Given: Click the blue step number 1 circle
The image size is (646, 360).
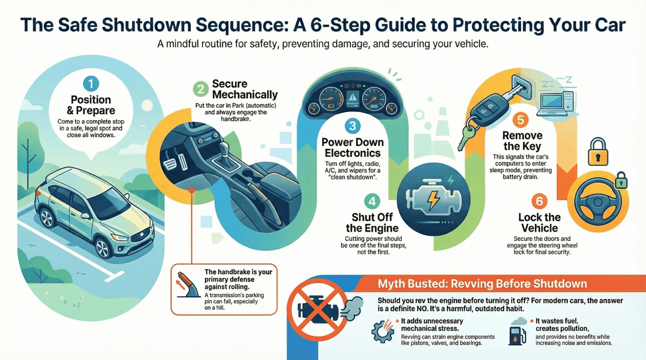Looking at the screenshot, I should [91, 83].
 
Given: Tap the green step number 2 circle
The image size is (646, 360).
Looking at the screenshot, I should [201, 90].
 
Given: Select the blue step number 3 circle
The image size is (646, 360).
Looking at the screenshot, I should [352, 125].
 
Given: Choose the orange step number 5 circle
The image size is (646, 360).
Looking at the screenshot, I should [520, 121].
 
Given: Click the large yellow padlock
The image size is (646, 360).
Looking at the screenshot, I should [598, 152].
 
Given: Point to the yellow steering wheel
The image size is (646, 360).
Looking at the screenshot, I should [596, 203].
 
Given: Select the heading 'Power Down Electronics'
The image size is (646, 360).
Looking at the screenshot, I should [352, 148].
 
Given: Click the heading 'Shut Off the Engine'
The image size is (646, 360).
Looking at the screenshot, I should [372, 223].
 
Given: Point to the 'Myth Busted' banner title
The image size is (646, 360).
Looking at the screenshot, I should [482, 284].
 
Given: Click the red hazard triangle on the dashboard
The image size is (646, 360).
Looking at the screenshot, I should [353, 98].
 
